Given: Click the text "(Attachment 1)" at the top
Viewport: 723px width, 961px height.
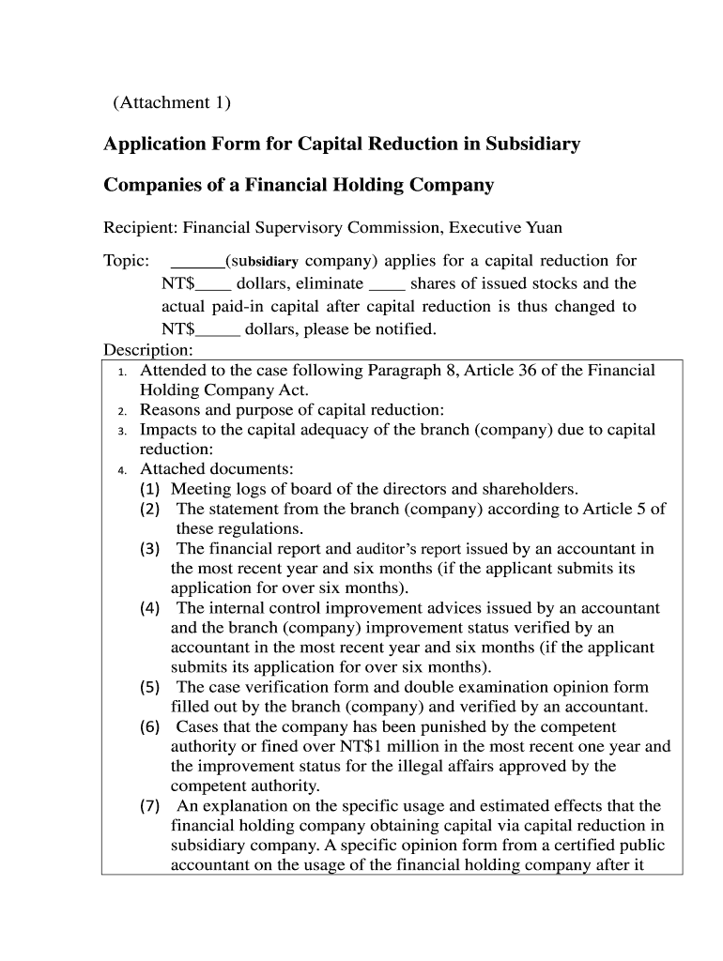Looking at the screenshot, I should [x=171, y=103].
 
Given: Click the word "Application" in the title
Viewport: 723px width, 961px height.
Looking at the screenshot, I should [x=150, y=145].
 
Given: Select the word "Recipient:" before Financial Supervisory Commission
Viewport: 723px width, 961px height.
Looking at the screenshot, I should [x=141, y=228].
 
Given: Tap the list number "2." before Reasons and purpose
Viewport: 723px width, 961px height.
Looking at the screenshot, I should [x=122, y=411].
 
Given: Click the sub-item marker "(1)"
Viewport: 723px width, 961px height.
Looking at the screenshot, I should [x=150, y=489].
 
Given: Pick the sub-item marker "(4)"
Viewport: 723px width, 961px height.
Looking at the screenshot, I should [x=150, y=608].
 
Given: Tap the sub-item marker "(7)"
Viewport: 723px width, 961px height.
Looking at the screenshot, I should [x=150, y=806].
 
